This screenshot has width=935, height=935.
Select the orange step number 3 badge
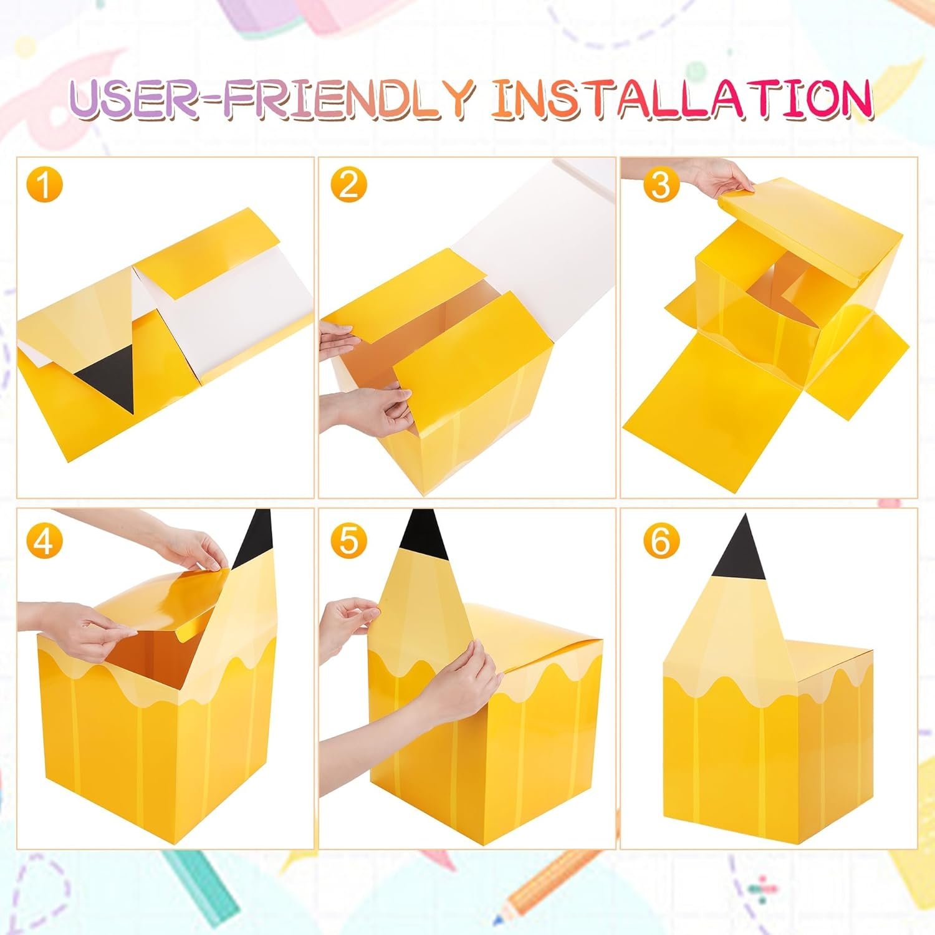[660, 185]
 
